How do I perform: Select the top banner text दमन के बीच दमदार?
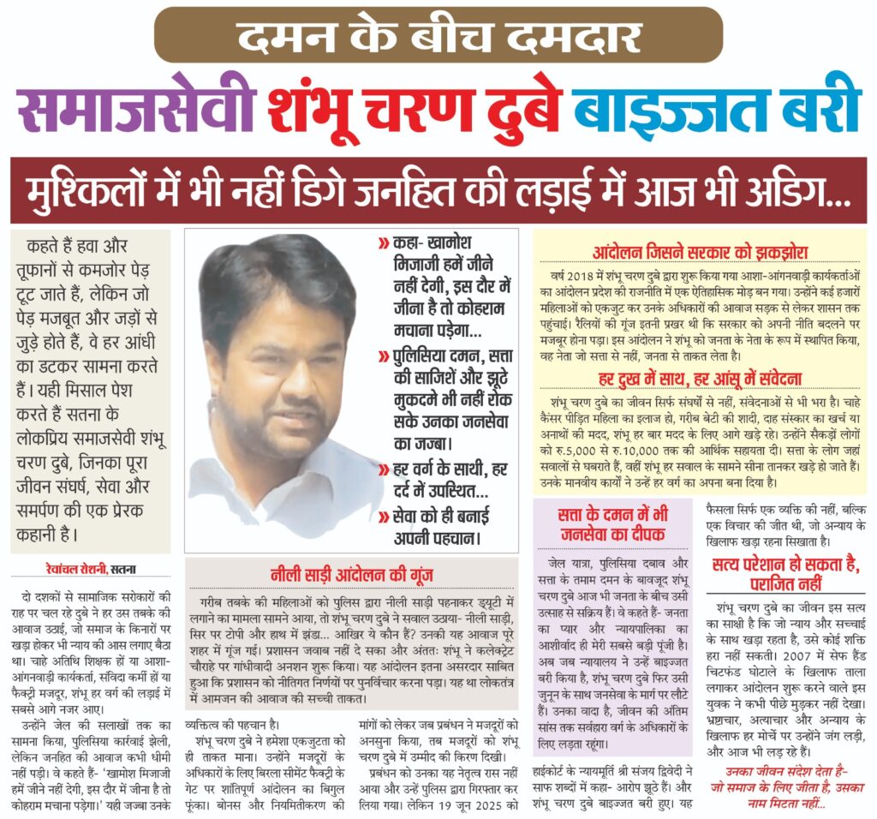438,35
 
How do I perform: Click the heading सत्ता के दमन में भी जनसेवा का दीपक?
610,523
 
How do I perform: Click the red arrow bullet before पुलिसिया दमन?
382,354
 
